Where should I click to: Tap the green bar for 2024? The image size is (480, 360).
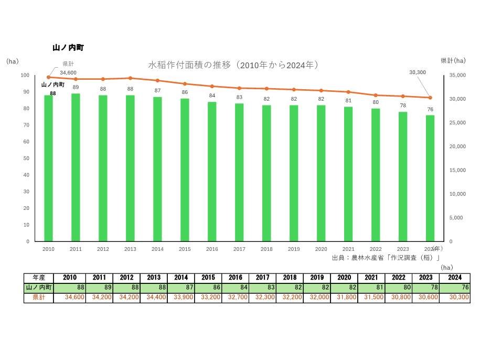[430, 178]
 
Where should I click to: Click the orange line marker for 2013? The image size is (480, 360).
[130, 78]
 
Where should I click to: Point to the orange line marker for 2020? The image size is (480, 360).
[321, 90]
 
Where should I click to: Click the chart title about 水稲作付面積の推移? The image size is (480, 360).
[234, 65]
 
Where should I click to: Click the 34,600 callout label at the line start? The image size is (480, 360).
[68, 72]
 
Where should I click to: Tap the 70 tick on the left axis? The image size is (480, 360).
[26, 125]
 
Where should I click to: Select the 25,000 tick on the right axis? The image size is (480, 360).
[458, 123]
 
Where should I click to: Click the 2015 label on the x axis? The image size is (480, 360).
[185, 249]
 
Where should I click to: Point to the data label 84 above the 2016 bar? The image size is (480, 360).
[212, 96]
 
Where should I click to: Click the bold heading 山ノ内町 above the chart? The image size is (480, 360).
[68, 48]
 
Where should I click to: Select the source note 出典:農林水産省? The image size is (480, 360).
[385, 258]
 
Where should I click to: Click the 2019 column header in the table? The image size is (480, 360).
[317, 278]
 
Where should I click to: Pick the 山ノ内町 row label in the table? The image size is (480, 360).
[38, 288]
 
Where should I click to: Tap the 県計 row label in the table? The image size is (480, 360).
[38, 298]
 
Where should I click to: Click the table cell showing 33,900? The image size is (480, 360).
[181, 298]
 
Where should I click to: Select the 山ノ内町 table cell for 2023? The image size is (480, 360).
[426, 288]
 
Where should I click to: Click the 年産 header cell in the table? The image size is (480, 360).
[38, 278]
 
